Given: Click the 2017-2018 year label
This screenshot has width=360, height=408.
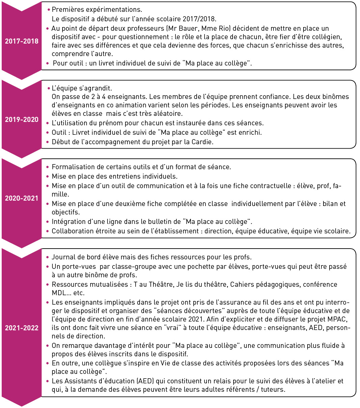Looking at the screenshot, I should coord(22,41).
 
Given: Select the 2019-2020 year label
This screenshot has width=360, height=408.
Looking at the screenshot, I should coord(22,119).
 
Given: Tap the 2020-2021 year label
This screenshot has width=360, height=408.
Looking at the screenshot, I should coord(22,198).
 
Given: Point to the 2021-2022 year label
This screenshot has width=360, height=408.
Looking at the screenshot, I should coord(22,328).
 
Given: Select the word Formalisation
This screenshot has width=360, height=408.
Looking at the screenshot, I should coord(72,167).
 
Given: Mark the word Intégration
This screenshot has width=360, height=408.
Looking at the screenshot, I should coord(67,222).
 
